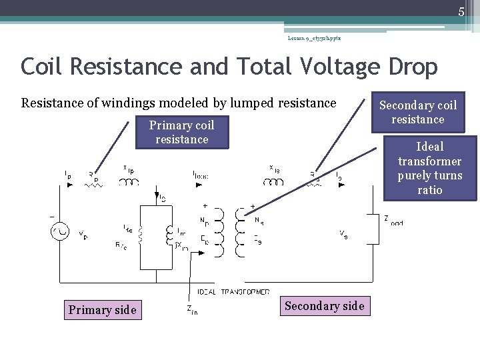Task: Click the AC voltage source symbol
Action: pyautogui.click(x=59, y=232)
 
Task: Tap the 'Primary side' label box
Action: pyautogui.click(x=102, y=310)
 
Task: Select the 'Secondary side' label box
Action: pyautogui.click(x=324, y=306)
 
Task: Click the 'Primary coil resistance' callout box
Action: pyautogui.click(x=182, y=132)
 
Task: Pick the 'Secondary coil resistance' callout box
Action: pyautogui.click(x=418, y=113)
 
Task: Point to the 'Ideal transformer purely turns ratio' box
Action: pyautogui.click(x=430, y=168)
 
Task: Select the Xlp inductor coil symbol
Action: pyautogui.click(x=129, y=182)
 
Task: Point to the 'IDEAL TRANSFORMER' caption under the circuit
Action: pyautogui.click(x=233, y=292)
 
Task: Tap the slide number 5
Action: pyautogui.click(x=461, y=11)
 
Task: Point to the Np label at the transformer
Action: pyautogui.click(x=205, y=220)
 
